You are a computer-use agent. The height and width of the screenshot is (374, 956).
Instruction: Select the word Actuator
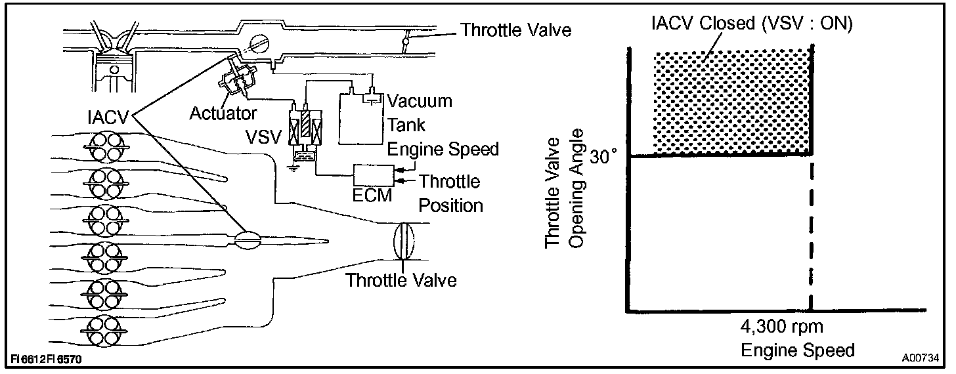223,113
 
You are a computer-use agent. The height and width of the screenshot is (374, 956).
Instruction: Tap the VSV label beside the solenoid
263,138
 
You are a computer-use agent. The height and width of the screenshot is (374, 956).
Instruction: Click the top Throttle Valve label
515,30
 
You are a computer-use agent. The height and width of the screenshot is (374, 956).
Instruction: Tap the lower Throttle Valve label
401,280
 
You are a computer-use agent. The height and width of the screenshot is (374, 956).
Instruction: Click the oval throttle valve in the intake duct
401,241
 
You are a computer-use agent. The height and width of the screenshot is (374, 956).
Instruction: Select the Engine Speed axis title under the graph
798,350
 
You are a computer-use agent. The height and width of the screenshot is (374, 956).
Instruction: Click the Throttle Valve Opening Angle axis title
566,193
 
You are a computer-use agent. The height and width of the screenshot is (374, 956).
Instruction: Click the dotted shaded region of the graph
732,102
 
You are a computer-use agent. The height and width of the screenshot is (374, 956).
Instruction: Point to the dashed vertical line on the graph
813,236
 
